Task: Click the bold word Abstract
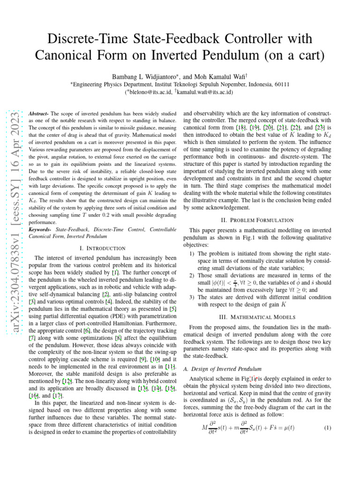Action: [38, 114]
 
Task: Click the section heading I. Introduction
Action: [103, 248]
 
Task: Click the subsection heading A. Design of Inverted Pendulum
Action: [219, 369]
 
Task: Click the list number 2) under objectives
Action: [192, 276]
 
